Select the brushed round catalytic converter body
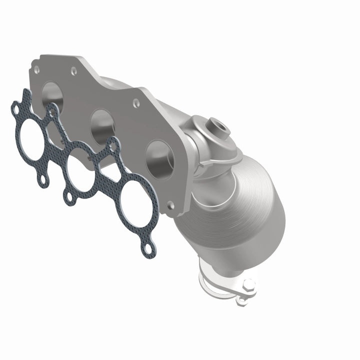pos(240,200)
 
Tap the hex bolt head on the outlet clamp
pos(248,285)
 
